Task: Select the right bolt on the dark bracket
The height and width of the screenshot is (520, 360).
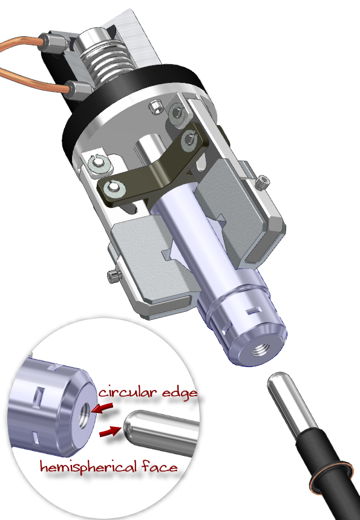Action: [191, 137]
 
